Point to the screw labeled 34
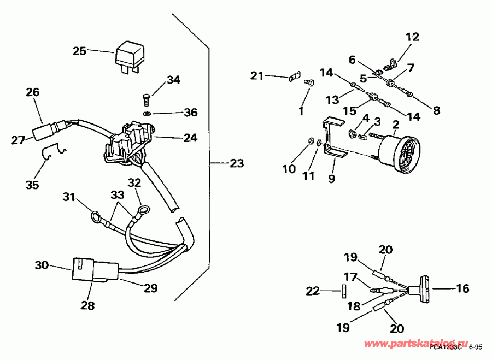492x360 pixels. [x=146, y=99]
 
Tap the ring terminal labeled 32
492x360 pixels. [x=143, y=209]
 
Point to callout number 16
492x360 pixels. [x=462, y=288]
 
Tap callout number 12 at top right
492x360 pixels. [x=412, y=37]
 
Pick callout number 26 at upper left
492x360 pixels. [x=32, y=93]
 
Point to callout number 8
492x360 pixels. [x=436, y=110]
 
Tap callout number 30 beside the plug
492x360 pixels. [x=42, y=265]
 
